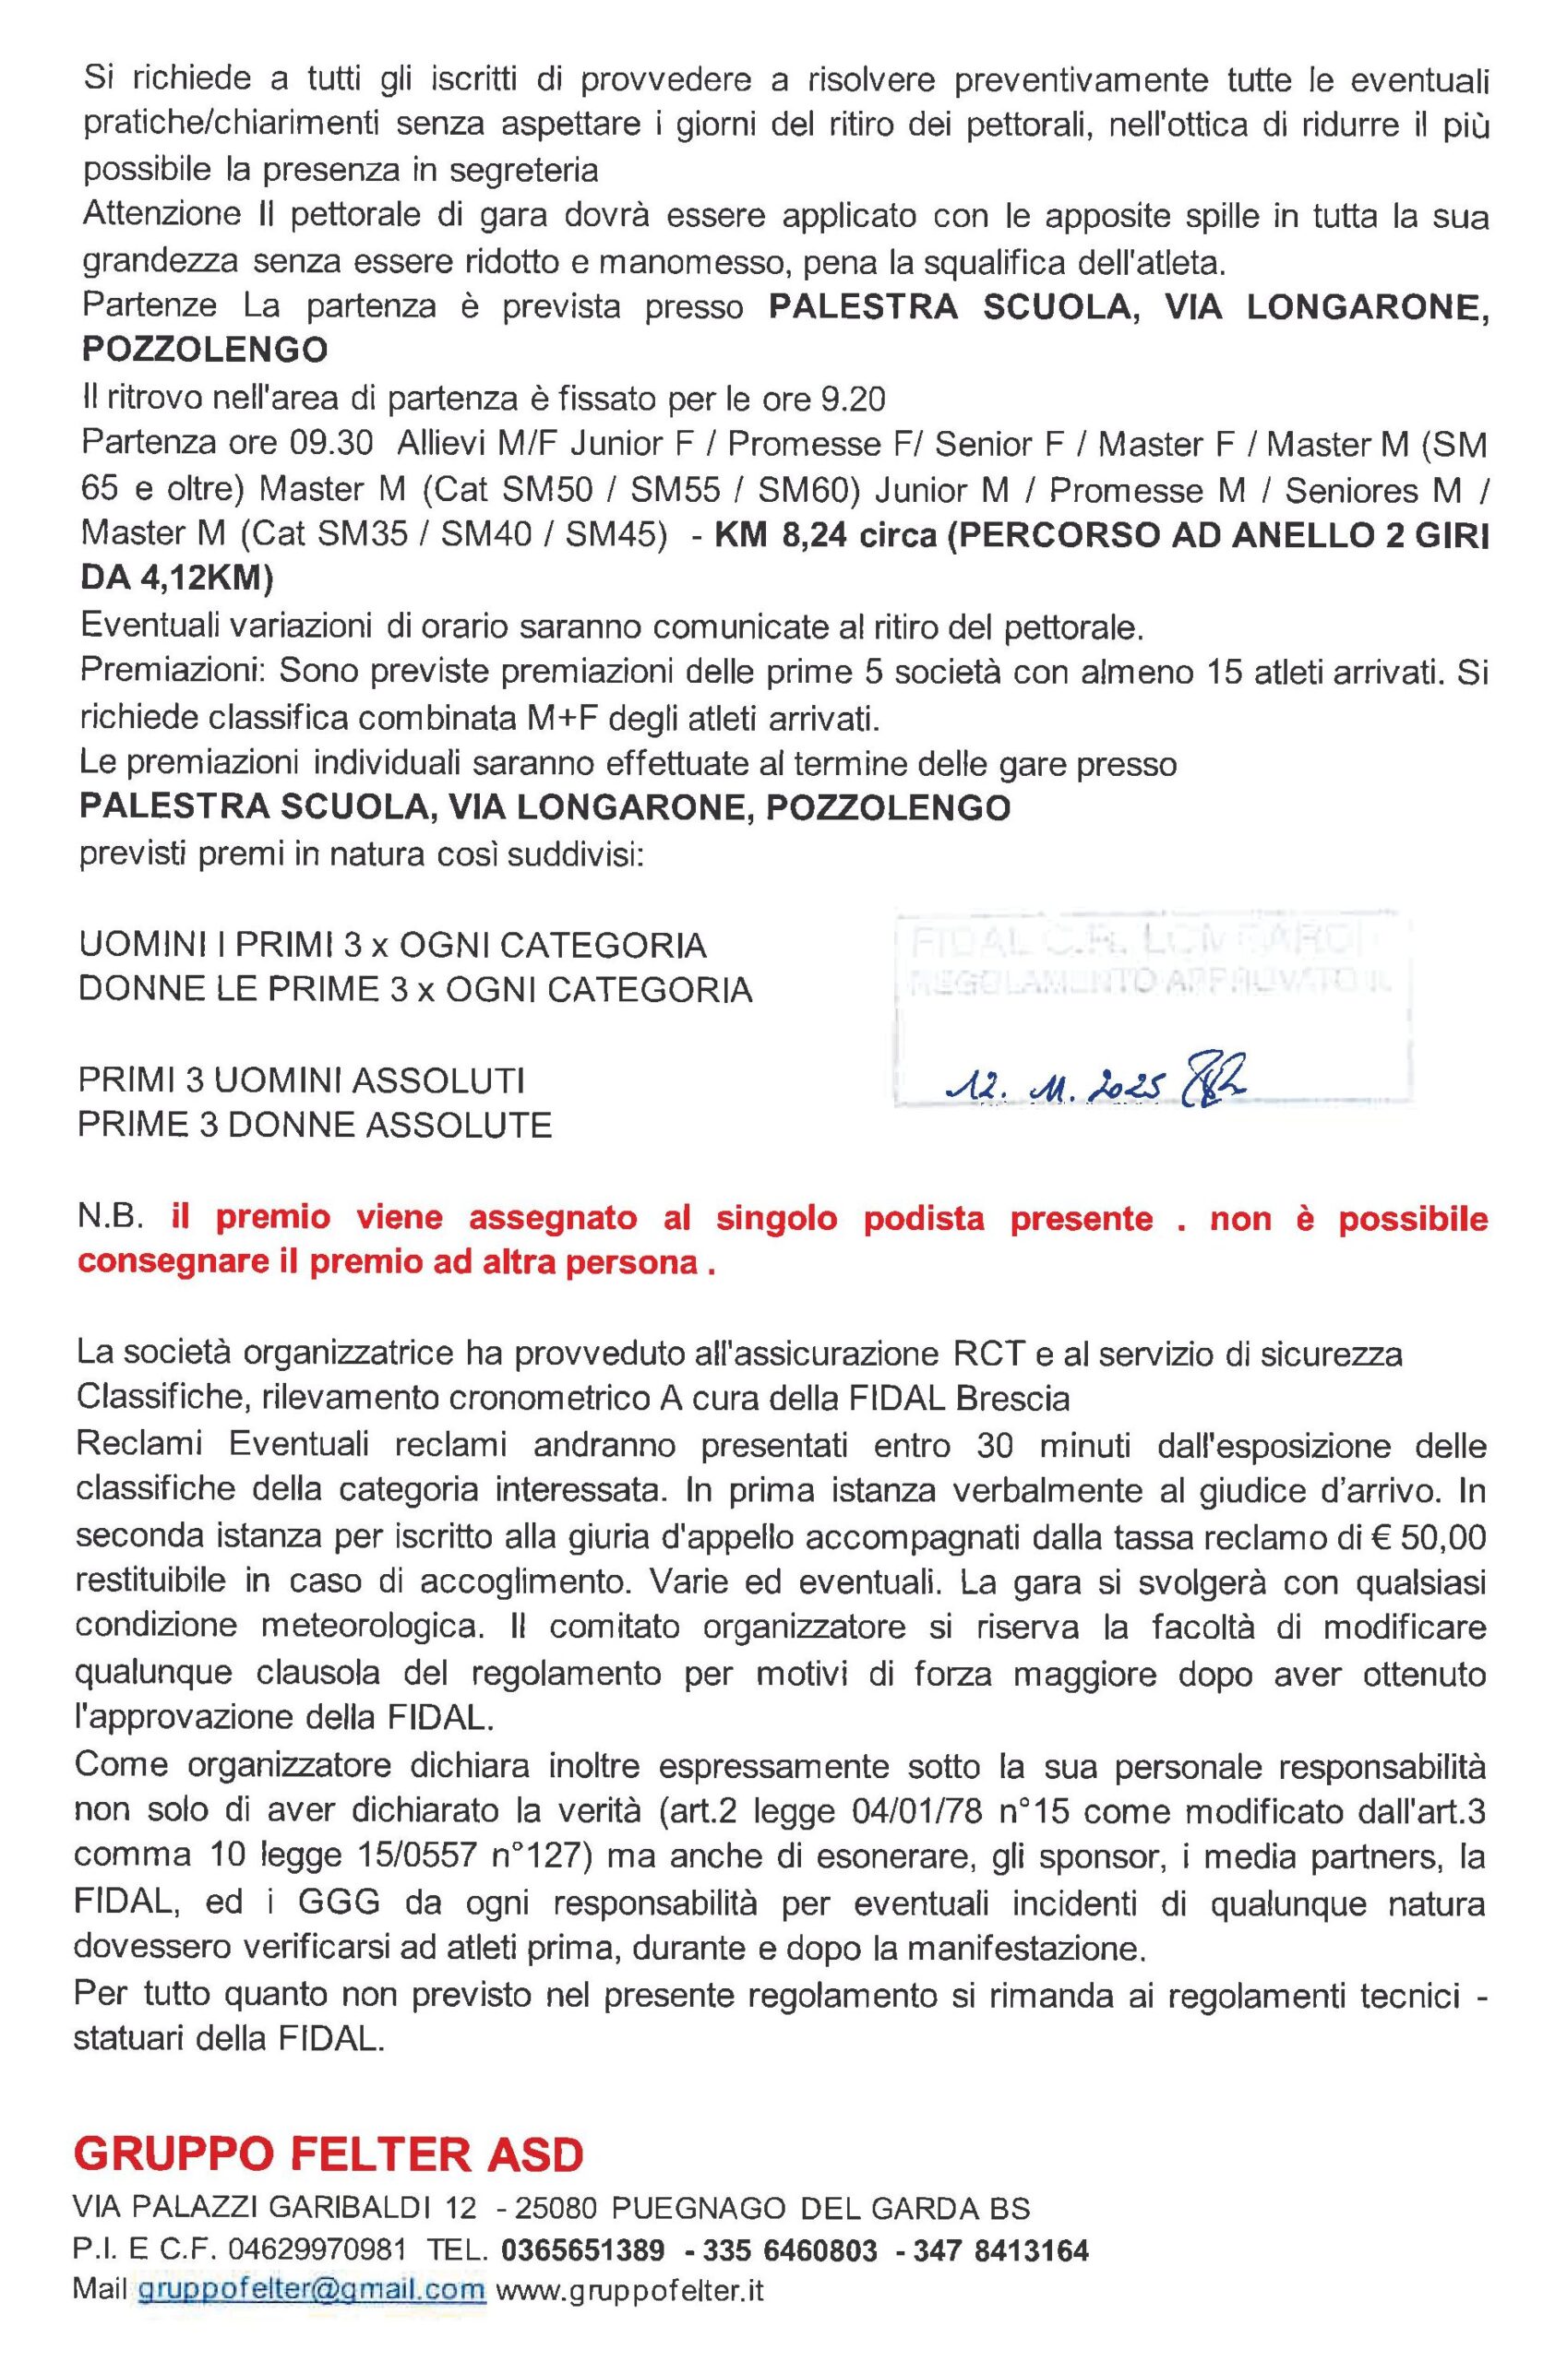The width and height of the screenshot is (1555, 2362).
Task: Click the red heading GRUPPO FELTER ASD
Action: click(x=329, y=2183)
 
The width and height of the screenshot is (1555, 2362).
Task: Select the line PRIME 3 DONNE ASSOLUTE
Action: click(x=315, y=1125)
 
